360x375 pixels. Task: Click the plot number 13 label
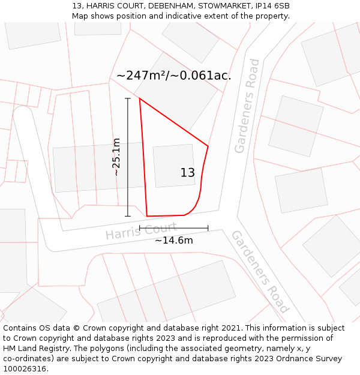[187, 173]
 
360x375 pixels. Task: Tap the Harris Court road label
[142, 231]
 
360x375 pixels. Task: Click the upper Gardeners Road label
[248, 106]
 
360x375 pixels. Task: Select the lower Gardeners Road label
[260, 271]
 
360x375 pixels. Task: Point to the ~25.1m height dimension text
[116, 157]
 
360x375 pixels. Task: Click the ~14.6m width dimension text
[174, 241]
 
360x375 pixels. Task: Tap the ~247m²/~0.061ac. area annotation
[173, 76]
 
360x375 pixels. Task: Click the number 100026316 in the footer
[25, 368]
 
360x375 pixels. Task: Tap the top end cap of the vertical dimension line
[127, 98]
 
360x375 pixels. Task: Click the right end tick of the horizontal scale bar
[208, 228]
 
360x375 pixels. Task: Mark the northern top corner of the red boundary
[140, 99]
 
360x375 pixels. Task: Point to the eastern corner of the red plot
[208, 146]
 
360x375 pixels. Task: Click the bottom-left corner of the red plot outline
[147, 216]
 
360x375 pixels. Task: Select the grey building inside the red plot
[173, 166]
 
